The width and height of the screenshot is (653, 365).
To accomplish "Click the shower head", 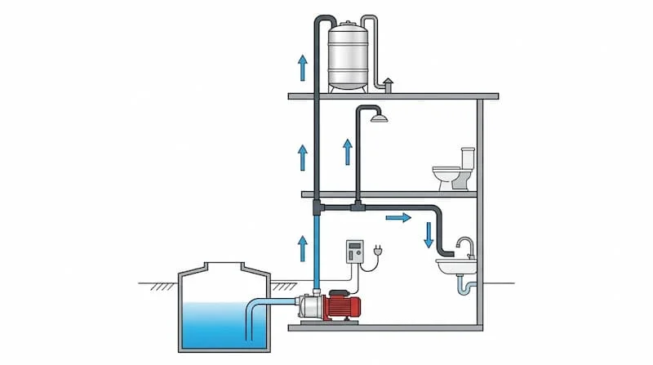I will (x=377, y=118).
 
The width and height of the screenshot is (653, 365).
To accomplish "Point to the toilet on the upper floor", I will (x=451, y=174).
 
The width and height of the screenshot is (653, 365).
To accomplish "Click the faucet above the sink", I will (x=464, y=246).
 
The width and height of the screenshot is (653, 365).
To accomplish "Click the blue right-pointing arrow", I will (x=398, y=218).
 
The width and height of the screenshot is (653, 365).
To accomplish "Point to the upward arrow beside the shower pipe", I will (x=347, y=152).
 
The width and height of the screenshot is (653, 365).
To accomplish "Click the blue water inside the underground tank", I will (x=216, y=323).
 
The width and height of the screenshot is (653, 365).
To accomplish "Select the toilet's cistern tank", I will (x=468, y=157).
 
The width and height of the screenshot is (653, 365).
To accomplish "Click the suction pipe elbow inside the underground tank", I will (x=253, y=308).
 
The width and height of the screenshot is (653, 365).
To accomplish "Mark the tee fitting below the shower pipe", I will (x=358, y=207).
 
